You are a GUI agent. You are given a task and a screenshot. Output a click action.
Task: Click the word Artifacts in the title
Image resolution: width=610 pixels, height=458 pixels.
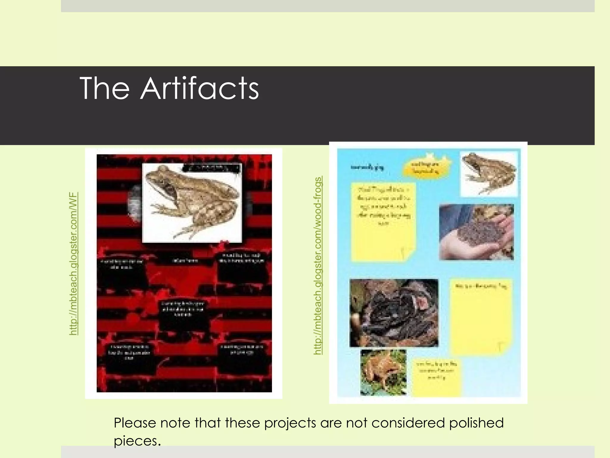click(x=200, y=88)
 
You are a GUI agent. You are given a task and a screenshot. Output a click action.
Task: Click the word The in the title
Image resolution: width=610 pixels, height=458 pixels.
click(x=105, y=88)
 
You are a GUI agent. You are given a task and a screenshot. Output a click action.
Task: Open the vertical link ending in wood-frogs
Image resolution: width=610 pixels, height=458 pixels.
click(x=318, y=265)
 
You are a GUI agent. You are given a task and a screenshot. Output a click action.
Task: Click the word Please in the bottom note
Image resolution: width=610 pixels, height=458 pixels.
click(x=135, y=423)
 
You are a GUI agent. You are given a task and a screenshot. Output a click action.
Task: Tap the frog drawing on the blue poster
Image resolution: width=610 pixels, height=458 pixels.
click(x=488, y=173)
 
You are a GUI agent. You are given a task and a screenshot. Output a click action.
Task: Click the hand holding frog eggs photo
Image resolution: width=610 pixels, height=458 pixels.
click(x=476, y=232)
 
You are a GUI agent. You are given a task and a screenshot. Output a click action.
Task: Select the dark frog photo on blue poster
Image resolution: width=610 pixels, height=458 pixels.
click(x=394, y=313)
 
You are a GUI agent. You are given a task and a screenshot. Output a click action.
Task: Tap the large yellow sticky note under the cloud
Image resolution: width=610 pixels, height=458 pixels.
click(x=383, y=222)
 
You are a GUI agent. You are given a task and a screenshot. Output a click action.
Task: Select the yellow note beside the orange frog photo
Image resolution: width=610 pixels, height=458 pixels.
click(x=437, y=377)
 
